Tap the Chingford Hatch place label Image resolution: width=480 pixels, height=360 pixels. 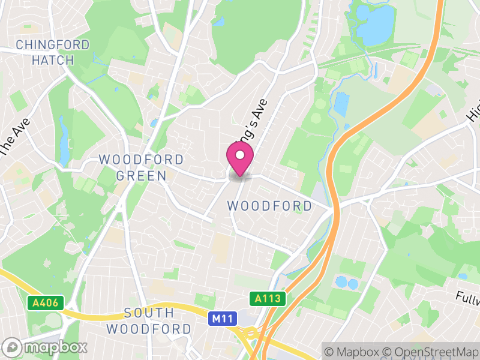(x=53, y=52)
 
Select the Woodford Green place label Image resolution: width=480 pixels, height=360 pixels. (x=142, y=167)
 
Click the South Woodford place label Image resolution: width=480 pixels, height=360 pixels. (x=149, y=321)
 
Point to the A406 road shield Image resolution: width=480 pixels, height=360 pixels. (x=46, y=303)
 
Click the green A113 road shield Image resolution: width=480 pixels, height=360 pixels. (x=268, y=298)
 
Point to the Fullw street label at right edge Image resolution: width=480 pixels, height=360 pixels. (x=467, y=296)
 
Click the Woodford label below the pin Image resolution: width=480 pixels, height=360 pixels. (x=269, y=206)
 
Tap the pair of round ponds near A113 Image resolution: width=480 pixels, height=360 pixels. (x=347, y=282)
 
